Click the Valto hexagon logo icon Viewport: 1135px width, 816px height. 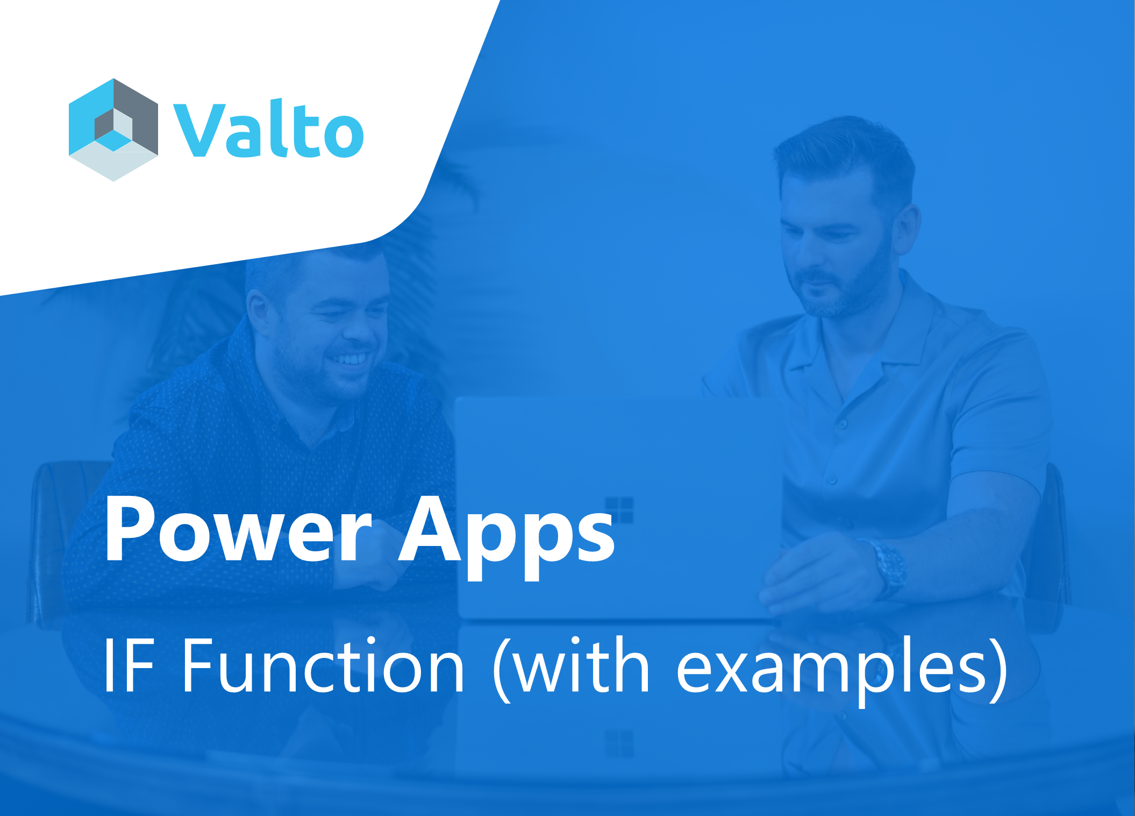(x=113, y=130)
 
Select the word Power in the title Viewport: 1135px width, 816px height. (x=239, y=529)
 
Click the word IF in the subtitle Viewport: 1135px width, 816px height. (x=130, y=665)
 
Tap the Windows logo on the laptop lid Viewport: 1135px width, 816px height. (x=619, y=509)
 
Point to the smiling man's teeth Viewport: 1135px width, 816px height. (x=348, y=358)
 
